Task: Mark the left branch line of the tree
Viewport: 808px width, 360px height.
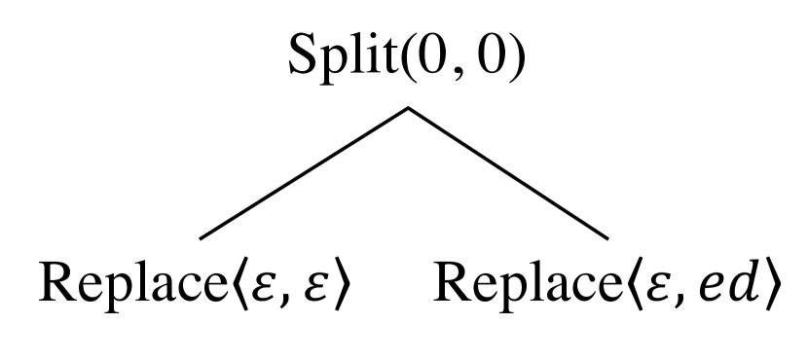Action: click(x=304, y=172)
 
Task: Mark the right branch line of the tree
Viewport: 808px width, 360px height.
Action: click(x=508, y=172)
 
